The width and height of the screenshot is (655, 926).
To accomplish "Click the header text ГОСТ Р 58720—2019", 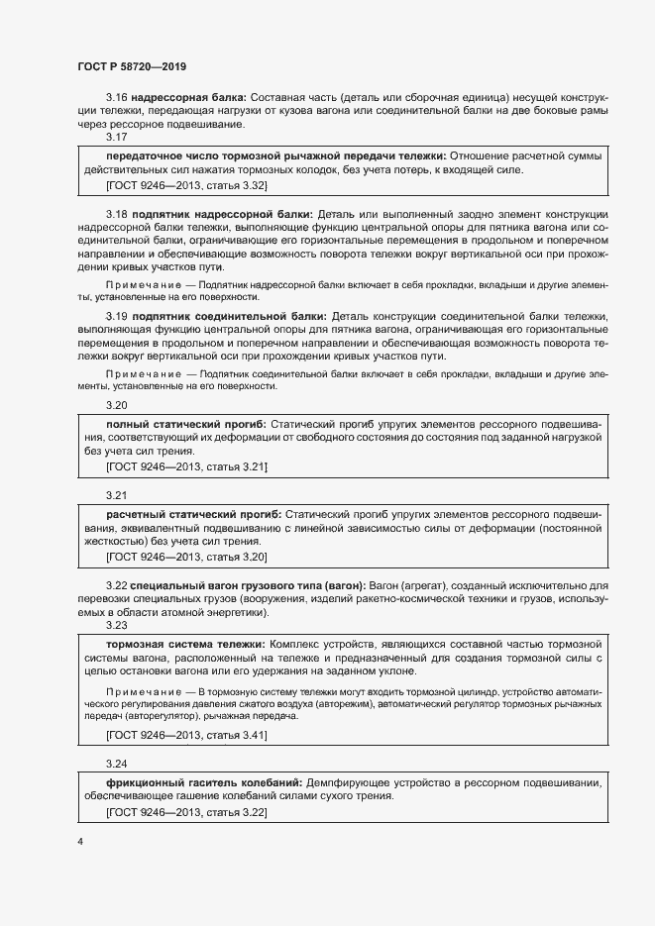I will point(132,66).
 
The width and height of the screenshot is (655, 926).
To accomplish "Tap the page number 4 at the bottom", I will point(79,842).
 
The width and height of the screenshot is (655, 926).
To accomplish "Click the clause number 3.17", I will point(117,138).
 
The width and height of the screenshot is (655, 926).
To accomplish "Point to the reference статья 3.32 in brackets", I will point(234,185).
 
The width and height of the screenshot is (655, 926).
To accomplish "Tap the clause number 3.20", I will point(117,405).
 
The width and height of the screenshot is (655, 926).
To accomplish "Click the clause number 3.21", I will point(117,494).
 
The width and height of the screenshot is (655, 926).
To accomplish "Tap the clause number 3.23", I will point(117,626).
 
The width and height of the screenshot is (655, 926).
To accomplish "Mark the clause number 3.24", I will point(117,764).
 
